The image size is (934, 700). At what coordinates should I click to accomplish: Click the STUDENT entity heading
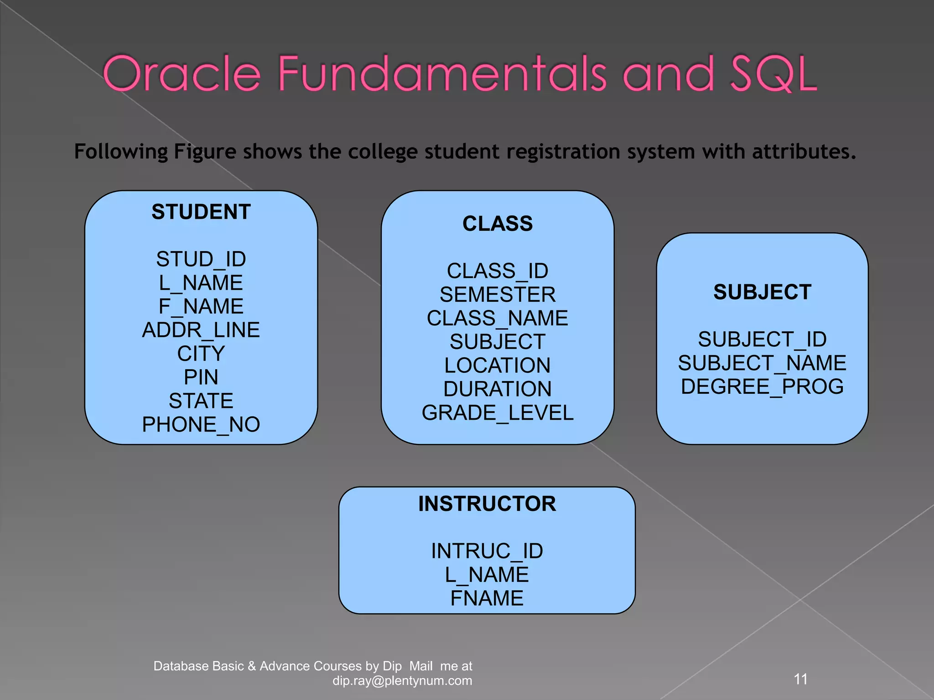click(201, 212)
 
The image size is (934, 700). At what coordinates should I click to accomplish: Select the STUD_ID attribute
click(201, 259)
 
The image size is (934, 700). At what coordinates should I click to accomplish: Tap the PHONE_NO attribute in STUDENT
click(201, 425)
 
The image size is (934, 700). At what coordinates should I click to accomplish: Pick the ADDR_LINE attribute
click(201, 330)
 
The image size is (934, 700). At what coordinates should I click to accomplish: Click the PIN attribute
click(201, 377)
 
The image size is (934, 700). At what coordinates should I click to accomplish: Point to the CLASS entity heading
click(498, 224)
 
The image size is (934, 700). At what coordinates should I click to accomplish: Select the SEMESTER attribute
click(498, 295)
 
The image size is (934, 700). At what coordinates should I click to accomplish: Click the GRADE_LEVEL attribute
click(498, 413)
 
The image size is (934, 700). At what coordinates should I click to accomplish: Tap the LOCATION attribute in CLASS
click(498, 365)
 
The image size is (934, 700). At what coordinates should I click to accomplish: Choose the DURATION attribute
click(498, 389)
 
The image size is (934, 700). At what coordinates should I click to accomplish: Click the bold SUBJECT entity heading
click(763, 293)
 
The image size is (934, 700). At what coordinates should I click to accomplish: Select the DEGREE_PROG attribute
click(763, 387)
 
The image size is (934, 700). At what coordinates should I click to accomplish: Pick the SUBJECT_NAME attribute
click(763, 363)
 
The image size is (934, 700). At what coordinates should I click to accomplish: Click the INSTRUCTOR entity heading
click(487, 504)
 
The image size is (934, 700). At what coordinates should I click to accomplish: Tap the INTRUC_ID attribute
click(487, 551)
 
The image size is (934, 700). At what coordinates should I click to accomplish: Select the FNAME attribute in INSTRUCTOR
click(487, 598)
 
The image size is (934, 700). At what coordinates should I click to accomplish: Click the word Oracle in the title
click(182, 74)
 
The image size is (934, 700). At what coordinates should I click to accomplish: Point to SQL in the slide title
click(773, 74)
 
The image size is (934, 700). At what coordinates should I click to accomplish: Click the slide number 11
click(801, 679)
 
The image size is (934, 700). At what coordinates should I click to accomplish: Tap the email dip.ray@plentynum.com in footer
click(402, 681)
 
